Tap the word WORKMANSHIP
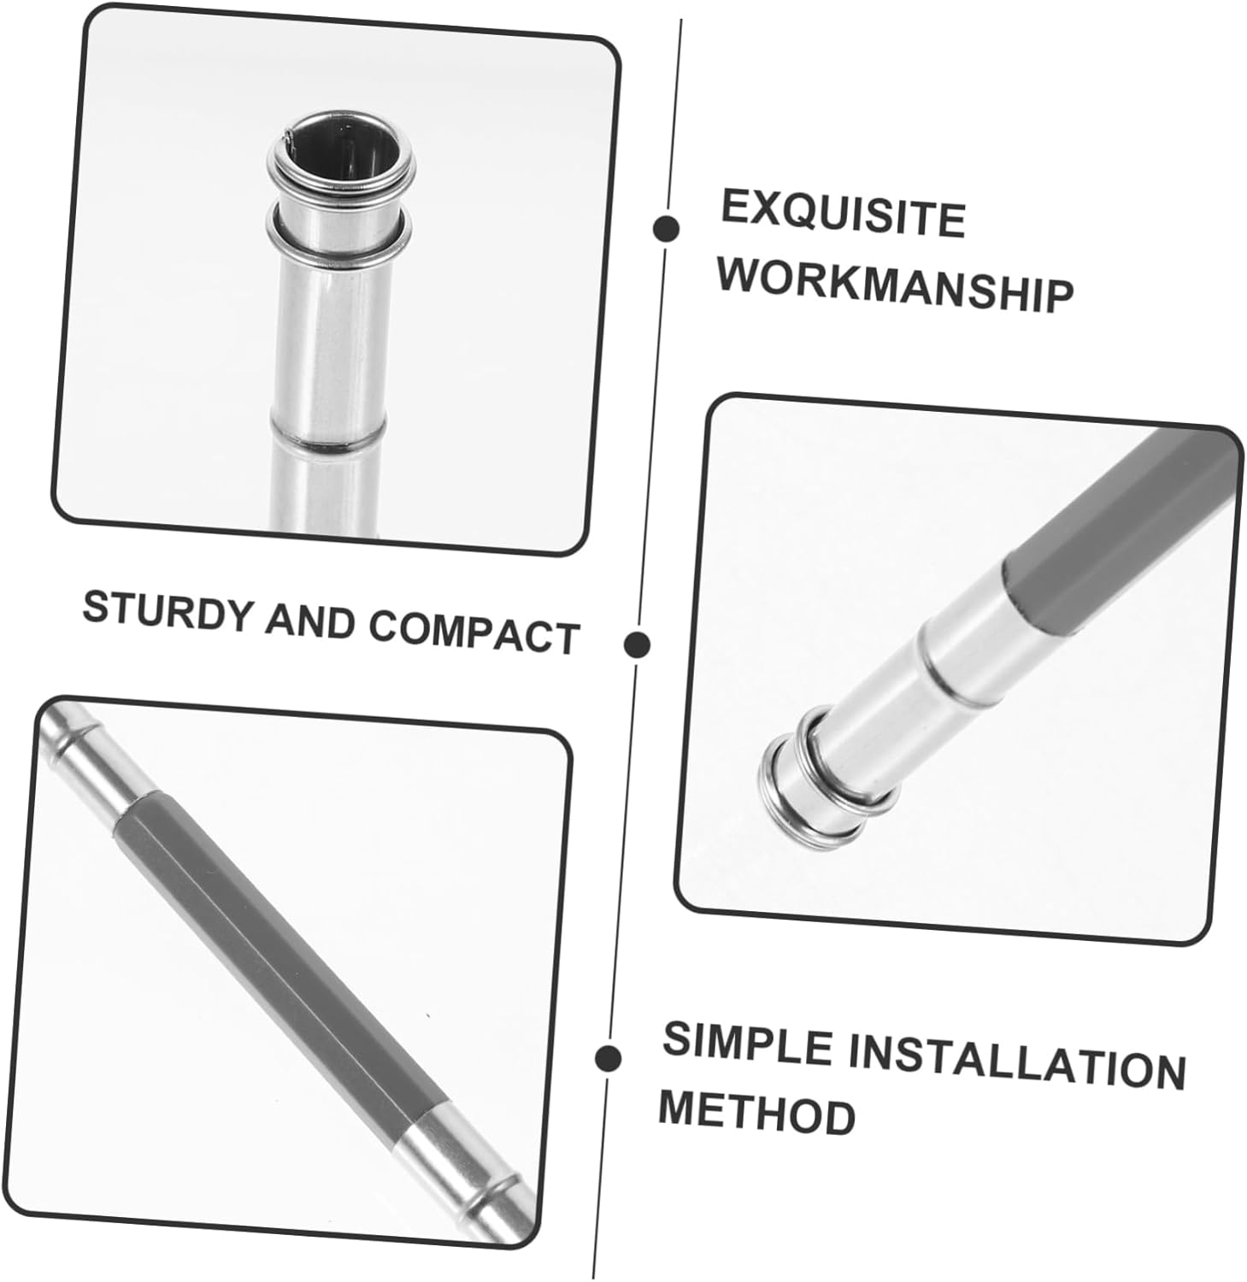tap(896, 285)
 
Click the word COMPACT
tap(474, 634)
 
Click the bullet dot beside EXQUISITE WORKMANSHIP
tap(666, 228)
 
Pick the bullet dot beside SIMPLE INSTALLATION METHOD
tap(609, 1057)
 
